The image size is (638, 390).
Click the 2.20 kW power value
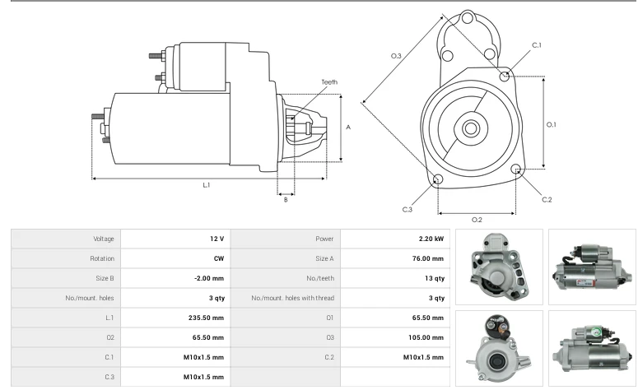point(431,239)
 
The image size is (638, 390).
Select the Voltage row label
point(104,239)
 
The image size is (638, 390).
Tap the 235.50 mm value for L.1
point(207,318)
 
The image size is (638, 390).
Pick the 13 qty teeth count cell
point(435,278)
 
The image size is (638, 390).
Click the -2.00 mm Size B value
point(209,278)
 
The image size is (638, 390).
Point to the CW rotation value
point(219,258)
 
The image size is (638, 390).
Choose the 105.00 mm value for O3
point(426,337)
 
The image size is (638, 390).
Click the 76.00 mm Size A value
point(428,258)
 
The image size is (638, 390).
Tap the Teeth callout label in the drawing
point(329,82)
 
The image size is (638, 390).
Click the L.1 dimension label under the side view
point(207,185)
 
